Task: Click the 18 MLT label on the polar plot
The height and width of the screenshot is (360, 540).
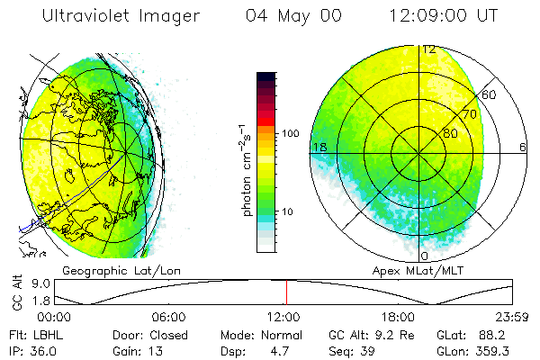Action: [319, 147]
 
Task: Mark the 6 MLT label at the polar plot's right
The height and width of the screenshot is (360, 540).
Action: [522, 147]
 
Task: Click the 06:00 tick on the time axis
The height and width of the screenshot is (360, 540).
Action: [169, 317]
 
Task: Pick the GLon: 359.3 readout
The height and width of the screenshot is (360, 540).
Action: [470, 350]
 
